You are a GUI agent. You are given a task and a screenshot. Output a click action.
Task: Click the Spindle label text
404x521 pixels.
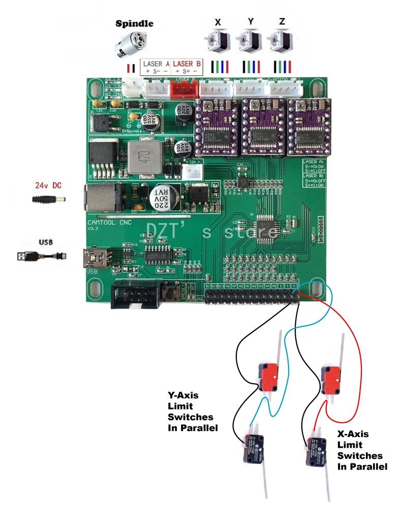click(134, 23)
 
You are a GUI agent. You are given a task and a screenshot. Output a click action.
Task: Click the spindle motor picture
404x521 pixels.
click(130, 46)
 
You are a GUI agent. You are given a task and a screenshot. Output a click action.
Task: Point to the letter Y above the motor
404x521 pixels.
click(250, 22)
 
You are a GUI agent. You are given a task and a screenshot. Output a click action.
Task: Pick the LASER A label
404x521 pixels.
click(156, 64)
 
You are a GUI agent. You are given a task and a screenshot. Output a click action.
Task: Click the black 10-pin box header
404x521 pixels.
click(135, 293)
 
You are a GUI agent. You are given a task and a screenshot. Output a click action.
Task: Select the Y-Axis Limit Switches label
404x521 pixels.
click(193, 411)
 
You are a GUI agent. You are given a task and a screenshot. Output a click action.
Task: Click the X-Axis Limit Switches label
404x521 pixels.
click(362, 450)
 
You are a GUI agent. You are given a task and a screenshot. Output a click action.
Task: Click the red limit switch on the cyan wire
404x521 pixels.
click(269, 376)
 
